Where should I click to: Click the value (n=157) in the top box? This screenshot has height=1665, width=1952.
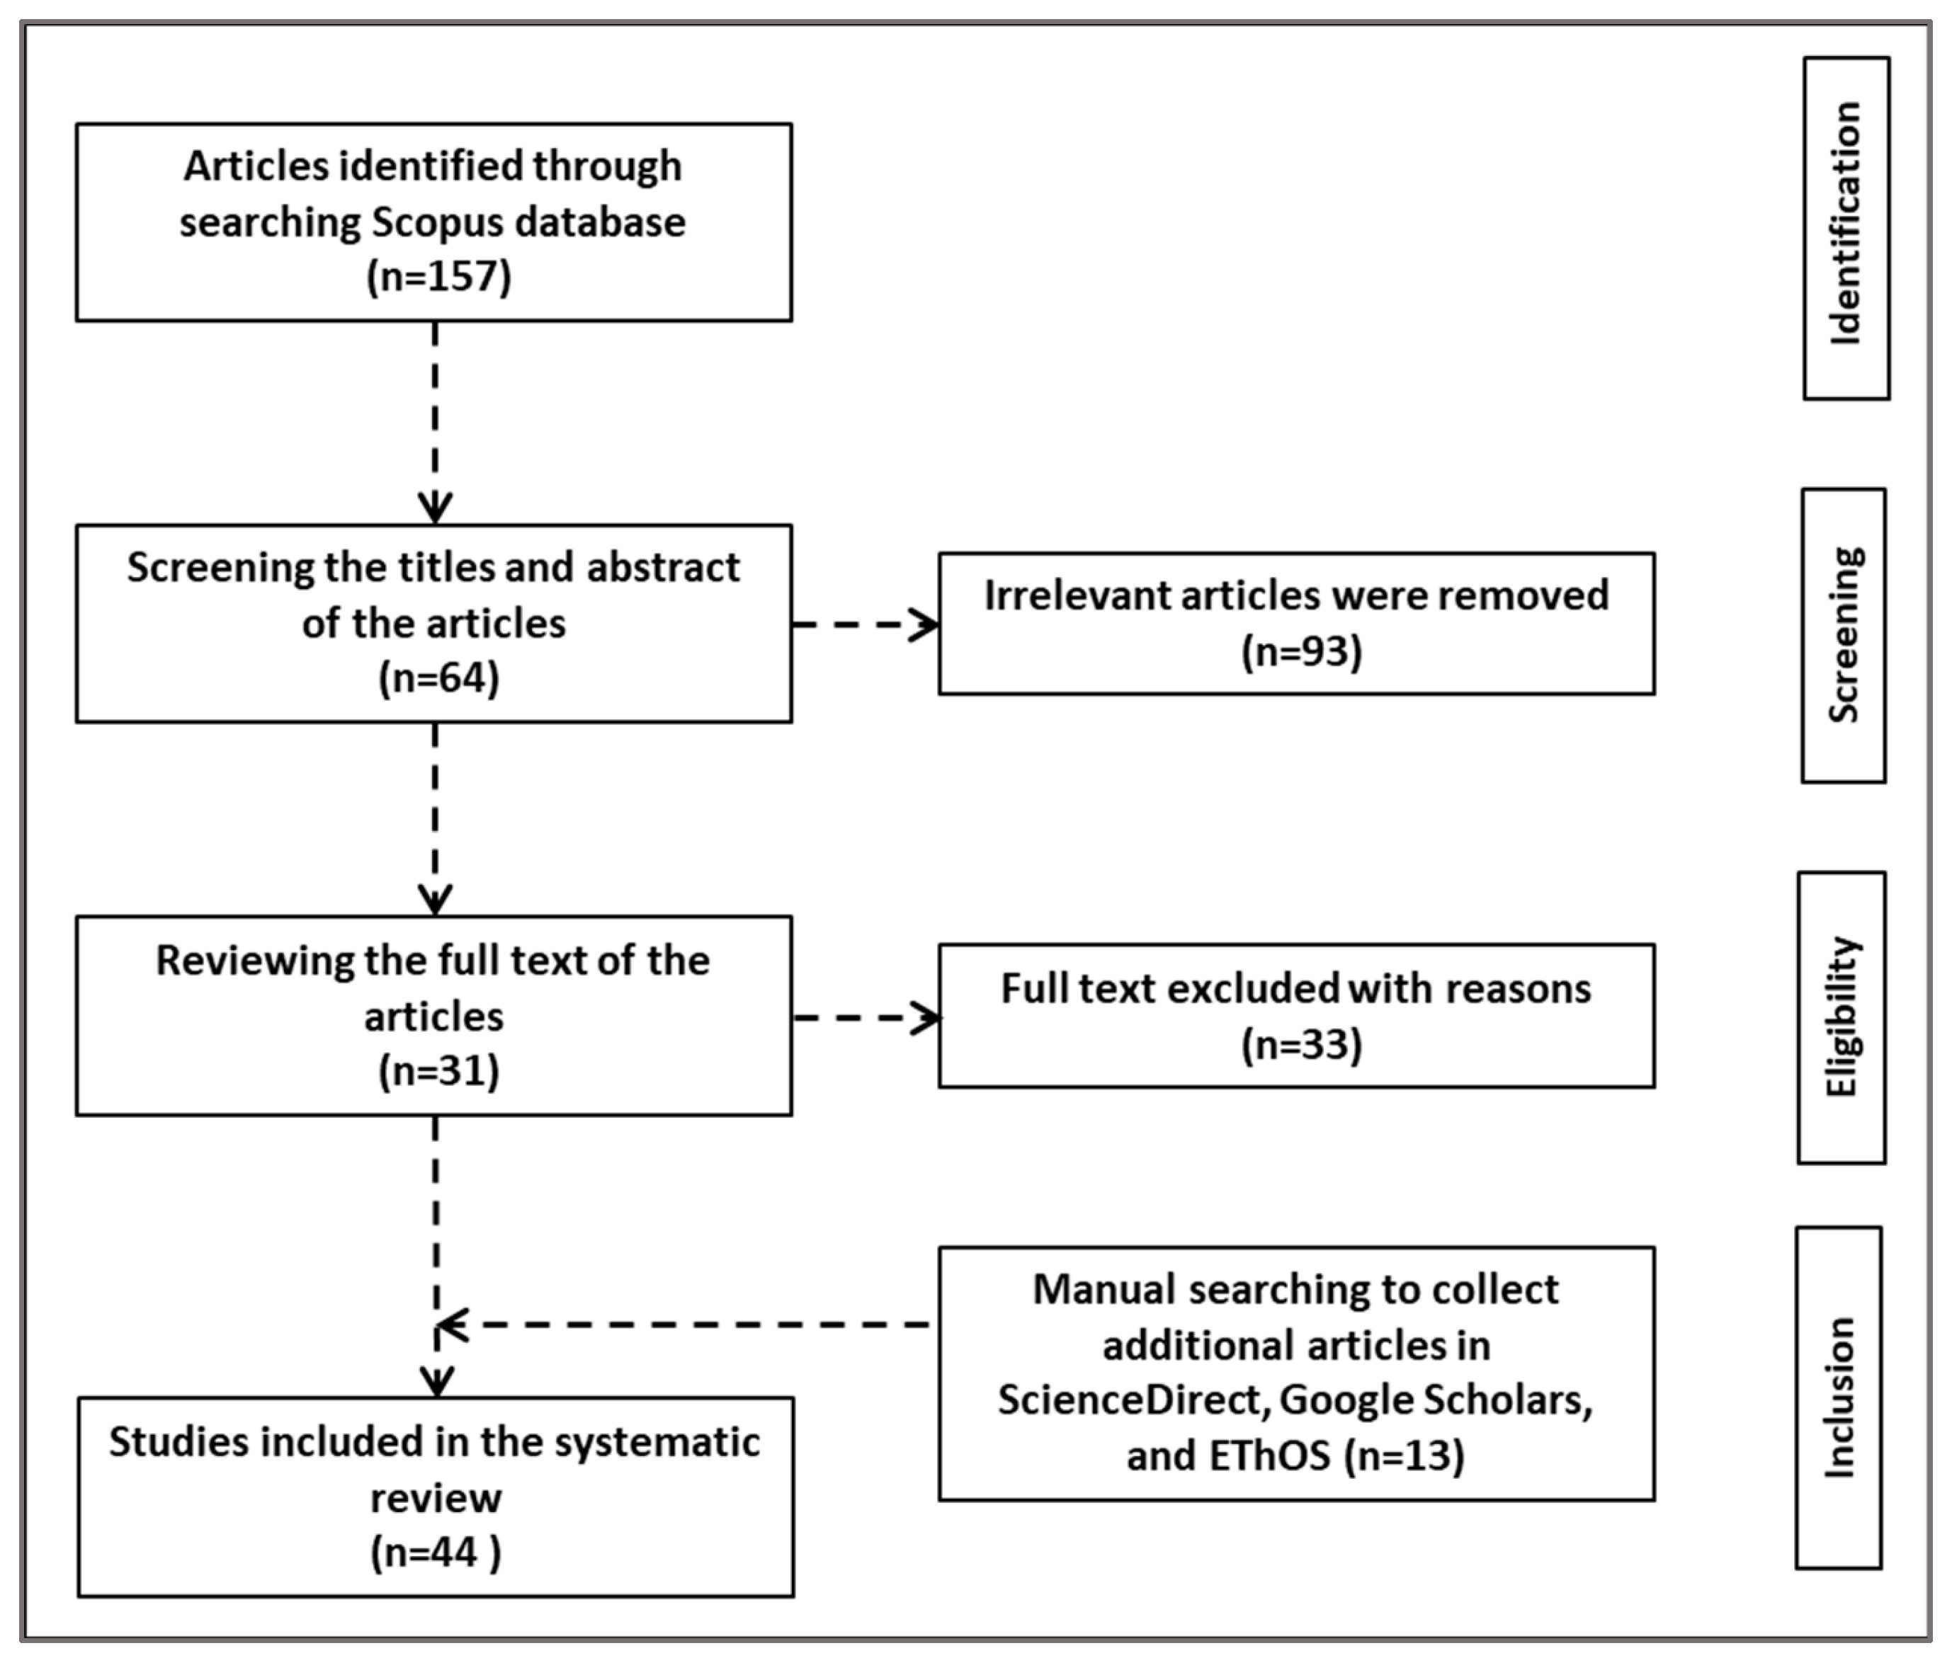click(438, 277)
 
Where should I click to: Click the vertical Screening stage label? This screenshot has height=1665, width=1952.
click(1843, 635)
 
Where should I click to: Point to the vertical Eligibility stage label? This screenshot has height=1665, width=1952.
click(1840, 1017)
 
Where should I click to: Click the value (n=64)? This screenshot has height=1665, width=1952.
click(438, 678)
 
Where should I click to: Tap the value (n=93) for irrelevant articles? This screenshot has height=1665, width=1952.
click(1301, 652)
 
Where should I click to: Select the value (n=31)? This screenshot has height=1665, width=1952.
click(438, 1072)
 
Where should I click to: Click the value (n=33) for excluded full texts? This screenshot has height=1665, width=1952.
click(1301, 1044)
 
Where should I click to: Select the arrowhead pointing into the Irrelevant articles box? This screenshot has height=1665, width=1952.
click(925, 624)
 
